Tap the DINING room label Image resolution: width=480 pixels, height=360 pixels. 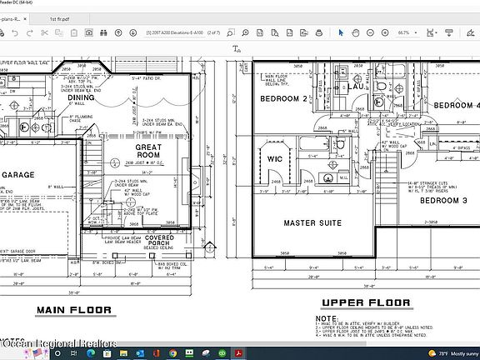[x=82, y=97]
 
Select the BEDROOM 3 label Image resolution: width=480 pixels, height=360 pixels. [x=442, y=201]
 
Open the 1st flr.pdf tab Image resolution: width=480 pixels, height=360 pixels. [x=83, y=17]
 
